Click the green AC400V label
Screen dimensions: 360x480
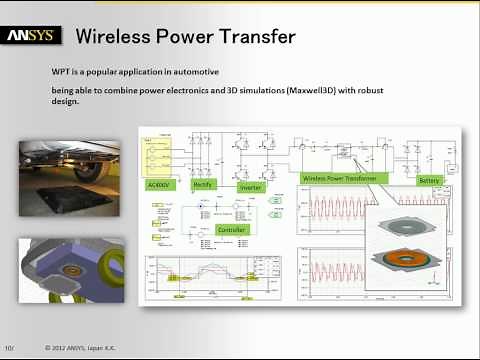coord(162,184)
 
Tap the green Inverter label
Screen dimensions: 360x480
coord(251,187)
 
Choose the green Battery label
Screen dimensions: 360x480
coord(429,181)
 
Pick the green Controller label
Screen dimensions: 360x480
coord(236,229)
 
